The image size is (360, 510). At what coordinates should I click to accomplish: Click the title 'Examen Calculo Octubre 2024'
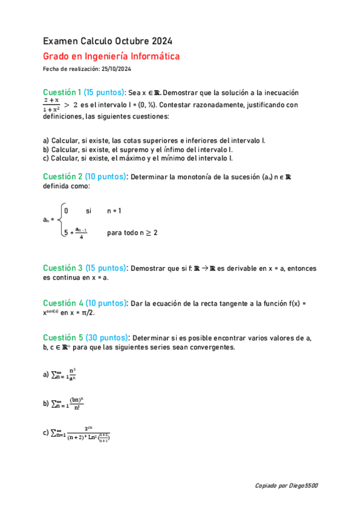click(x=108, y=41)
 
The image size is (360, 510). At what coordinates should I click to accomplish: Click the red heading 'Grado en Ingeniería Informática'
click(x=111, y=57)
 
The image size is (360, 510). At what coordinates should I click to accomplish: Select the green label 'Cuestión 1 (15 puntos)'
click(x=84, y=93)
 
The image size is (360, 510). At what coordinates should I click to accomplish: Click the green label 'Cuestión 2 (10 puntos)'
click(x=84, y=177)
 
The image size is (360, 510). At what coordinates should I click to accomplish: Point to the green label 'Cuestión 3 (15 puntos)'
click(x=84, y=268)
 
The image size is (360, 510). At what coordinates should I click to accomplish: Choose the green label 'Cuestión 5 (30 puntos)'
click(x=84, y=337)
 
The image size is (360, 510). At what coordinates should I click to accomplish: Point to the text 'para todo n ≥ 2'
click(x=132, y=233)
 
